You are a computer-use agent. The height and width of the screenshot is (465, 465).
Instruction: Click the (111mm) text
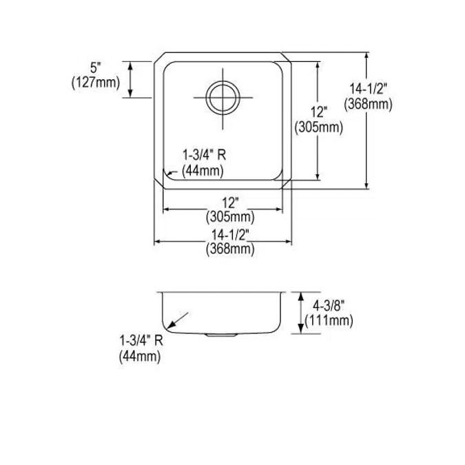click(333, 320)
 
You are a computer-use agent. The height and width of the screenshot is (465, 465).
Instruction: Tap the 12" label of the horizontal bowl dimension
click(230, 203)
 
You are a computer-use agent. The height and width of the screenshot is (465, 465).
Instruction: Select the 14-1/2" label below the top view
click(230, 236)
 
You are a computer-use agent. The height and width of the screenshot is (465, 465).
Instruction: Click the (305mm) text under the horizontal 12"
click(230, 216)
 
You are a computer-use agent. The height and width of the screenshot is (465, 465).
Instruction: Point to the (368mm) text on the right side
click(369, 103)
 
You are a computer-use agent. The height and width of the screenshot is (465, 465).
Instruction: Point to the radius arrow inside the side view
click(178, 320)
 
